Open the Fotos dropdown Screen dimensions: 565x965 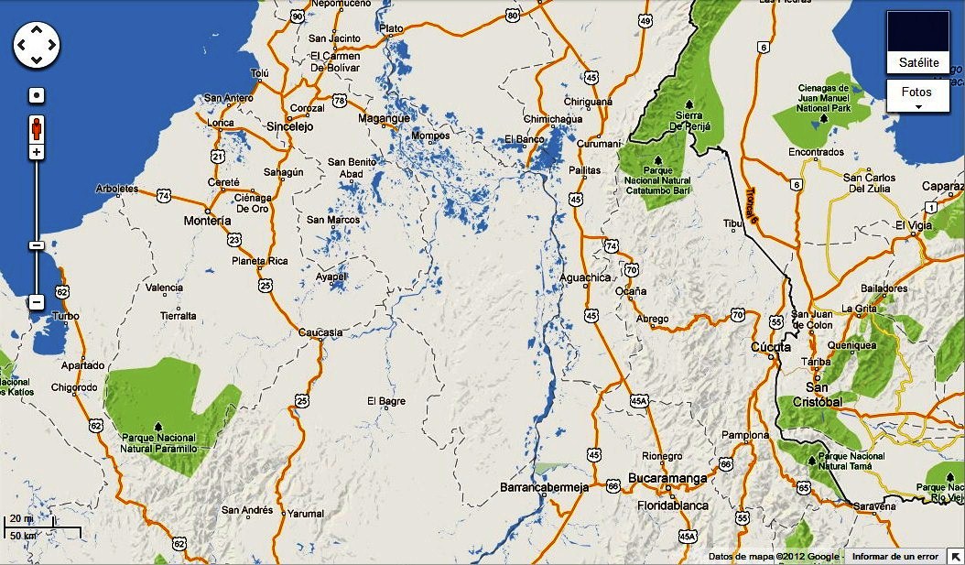917,95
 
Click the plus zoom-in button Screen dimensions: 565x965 36,152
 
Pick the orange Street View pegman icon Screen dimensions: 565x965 36,126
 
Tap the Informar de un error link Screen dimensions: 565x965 895,556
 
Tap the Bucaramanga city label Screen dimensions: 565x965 667,478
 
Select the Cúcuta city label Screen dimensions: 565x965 770,347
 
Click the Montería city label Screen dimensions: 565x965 207,221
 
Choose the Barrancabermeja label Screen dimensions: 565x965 544,488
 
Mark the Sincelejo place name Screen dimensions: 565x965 289,127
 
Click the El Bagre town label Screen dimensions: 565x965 385,401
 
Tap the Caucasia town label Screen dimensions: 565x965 320,332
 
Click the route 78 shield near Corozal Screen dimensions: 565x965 340,100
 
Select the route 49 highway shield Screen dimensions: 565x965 645,21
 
